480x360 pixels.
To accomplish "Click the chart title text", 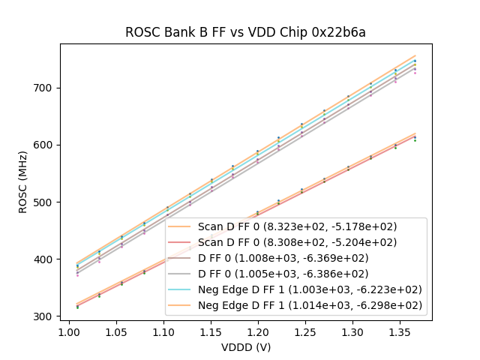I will [x=245, y=32].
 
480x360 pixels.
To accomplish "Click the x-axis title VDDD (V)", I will [x=245, y=347].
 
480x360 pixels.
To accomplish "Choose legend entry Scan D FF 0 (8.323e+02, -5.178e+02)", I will [x=297, y=226].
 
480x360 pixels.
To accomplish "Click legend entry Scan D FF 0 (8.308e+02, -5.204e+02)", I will [x=297, y=242].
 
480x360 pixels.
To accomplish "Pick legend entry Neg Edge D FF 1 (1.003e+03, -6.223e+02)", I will [x=309, y=289].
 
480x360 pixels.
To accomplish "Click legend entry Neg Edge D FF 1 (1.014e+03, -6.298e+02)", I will [x=309, y=305].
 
